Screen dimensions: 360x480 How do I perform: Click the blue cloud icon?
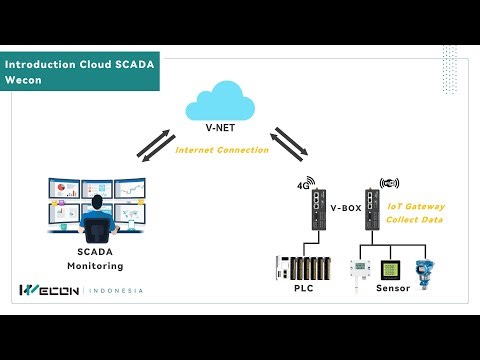coord(222,103)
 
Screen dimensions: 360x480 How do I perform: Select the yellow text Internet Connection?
coord(222,150)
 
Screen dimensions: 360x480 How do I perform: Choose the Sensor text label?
coord(393,288)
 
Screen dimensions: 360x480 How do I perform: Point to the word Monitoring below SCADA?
coord(95,267)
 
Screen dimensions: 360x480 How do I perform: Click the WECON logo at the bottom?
coord(51,291)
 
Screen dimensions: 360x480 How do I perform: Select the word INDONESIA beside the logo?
coord(117,291)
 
